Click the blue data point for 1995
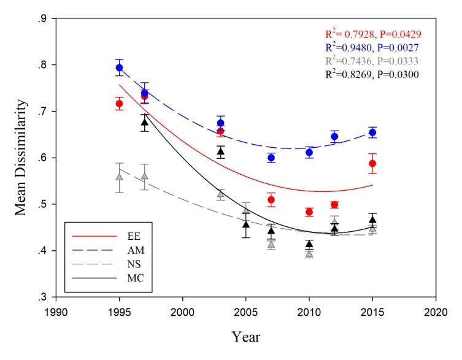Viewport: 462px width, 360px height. (x=120, y=67)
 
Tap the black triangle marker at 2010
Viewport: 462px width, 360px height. (x=309, y=244)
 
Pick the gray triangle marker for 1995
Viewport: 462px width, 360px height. (x=120, y=177)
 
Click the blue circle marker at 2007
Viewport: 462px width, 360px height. (x=271, y=158)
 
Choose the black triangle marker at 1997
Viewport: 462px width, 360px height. (x=145, y=122)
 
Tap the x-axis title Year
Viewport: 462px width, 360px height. (x=245, y=337)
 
